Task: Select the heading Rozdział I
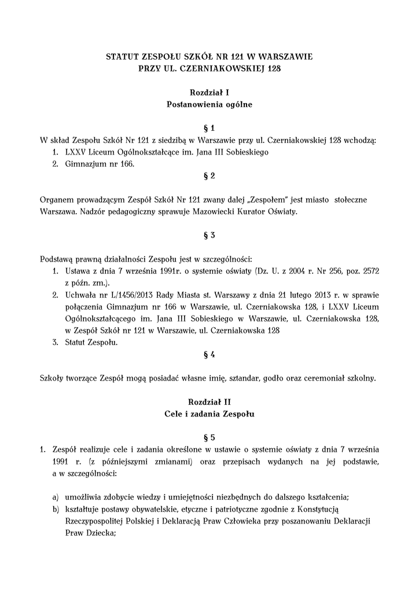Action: click(209, 93)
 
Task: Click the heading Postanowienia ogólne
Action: click(209, 105)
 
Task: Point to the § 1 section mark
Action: click(209, 128)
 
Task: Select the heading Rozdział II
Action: click(209, 401)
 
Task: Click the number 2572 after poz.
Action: click(367, 271)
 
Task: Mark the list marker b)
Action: click(56, 509)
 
